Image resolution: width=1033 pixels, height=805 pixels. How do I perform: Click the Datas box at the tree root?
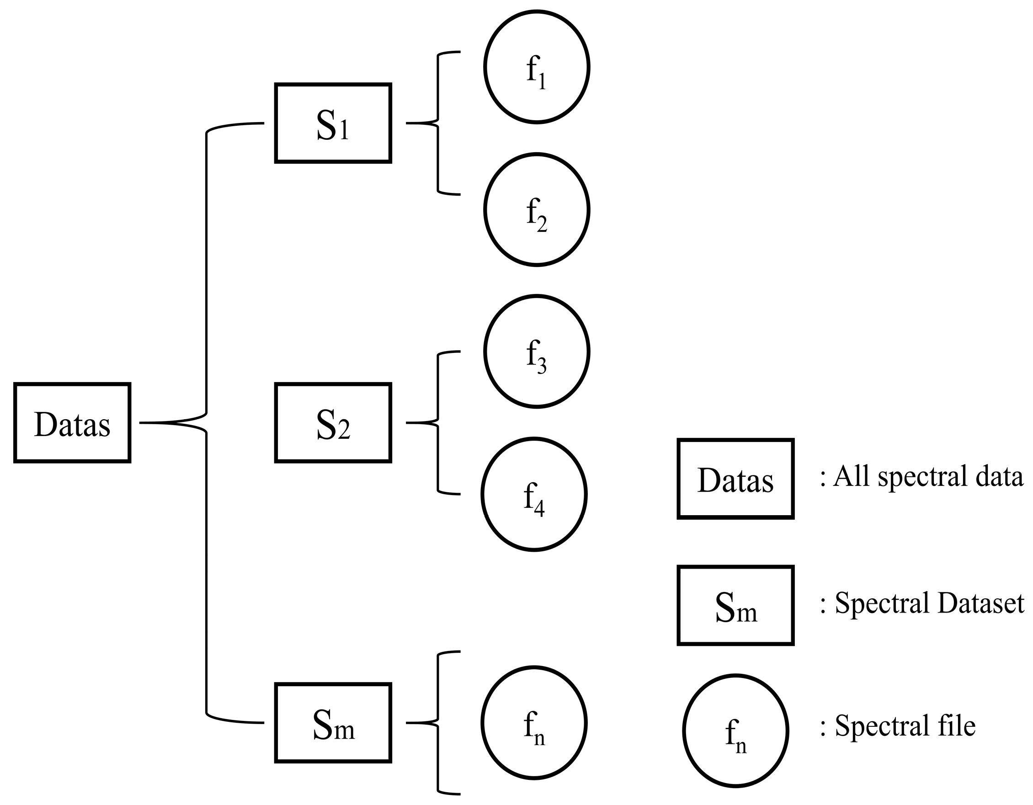point(72,423)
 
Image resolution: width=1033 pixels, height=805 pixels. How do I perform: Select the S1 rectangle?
point(333,123)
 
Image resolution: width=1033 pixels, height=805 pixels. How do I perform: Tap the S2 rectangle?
point(333,423)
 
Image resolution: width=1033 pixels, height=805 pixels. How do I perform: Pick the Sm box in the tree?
point(333,723)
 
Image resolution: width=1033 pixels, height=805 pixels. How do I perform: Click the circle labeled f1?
point(536,67)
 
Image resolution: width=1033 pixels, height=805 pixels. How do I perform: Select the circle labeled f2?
point(536,209)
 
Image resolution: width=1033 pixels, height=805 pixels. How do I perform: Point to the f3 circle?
point(536,352)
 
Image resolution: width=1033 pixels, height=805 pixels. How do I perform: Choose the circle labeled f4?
point(534,494)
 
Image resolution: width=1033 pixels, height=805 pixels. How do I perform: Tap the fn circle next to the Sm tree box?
point(534,723)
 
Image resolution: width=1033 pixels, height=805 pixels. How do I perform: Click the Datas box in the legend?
point(735,479)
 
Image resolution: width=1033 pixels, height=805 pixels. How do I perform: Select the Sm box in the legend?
point(735,605)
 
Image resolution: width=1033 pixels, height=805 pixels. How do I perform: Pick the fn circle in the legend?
point(735,731)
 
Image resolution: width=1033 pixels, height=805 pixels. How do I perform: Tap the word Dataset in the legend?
point(981,603)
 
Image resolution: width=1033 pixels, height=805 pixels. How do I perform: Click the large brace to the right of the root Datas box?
point(206,423)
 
